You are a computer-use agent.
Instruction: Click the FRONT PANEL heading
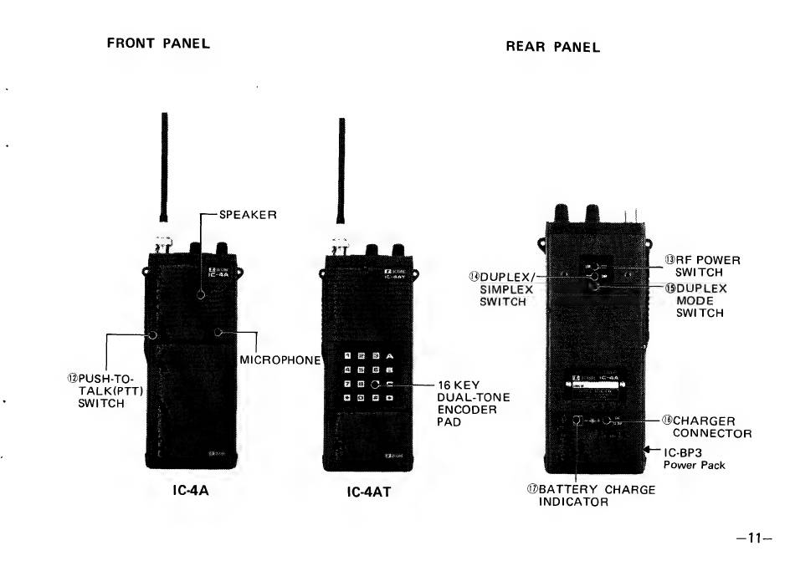coord(156,43)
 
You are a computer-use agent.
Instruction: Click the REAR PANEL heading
coord(552,47)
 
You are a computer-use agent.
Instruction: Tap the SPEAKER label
coord(248,215)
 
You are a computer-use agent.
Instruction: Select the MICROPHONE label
coord(280,360)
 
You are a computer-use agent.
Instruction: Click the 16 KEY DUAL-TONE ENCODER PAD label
coord(473,403)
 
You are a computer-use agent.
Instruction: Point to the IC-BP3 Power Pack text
coord(694,459)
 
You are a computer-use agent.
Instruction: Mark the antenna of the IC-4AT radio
coord(341,176)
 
